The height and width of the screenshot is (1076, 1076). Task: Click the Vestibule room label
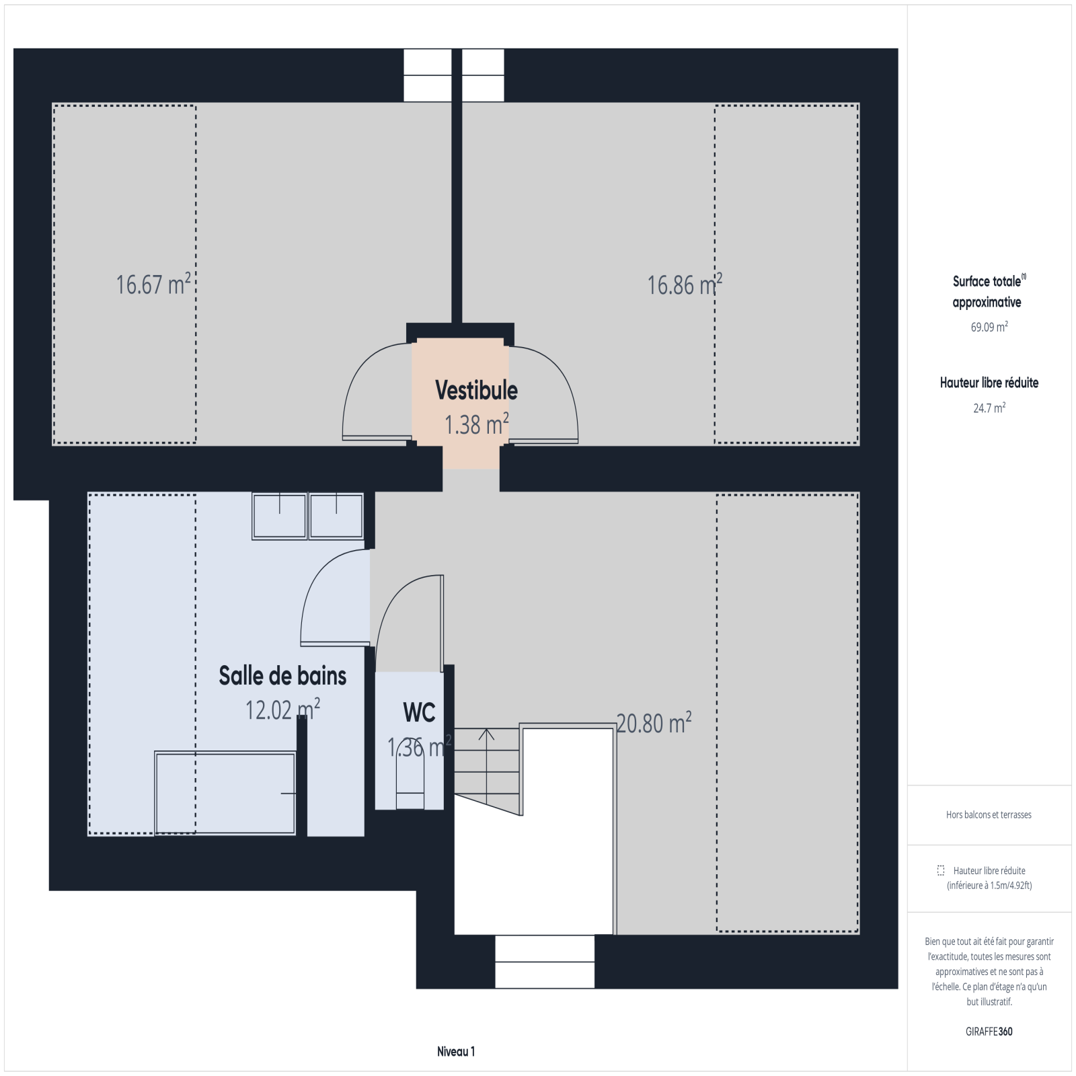[476, 390]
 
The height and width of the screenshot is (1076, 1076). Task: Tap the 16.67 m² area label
[153, 284]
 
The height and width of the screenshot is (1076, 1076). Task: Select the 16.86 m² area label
[685, 284]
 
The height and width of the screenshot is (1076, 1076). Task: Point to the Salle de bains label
[282, 676]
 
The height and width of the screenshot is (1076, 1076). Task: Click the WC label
[420, 712]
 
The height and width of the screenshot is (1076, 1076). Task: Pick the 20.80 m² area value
[654, 723]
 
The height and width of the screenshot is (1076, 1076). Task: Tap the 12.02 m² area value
[282, 709]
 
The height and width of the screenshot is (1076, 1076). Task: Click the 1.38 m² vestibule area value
[476, 424]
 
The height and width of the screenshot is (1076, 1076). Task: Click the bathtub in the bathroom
[225, 794]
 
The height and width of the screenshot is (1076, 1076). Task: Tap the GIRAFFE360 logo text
[989, 1031]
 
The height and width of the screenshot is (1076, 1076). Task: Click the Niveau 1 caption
[456, 1052]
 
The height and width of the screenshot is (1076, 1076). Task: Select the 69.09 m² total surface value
[989, 328]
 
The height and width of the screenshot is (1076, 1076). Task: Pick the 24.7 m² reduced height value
[989, 408]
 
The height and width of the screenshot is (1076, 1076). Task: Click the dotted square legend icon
[941, 870]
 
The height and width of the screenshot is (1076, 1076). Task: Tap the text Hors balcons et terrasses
[989, 814]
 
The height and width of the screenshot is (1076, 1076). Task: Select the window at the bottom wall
[545, 961]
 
